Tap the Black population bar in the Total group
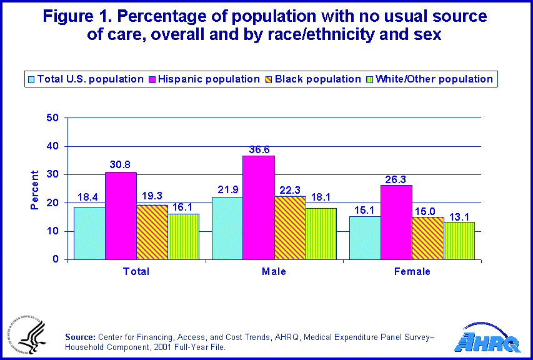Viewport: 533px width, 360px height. pos(152,232)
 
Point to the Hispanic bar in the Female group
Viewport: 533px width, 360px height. pos(396,222)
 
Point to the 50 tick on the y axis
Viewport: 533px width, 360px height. pos(53,117)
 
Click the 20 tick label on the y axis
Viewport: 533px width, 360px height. pos(53,202)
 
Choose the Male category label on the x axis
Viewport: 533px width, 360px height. pos(274,271)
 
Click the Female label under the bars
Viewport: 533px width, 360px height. pos(412,271)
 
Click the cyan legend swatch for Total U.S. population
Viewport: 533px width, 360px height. pos(32,79)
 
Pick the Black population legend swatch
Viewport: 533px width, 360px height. pos(269,79)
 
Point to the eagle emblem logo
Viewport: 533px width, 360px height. pos(26,335)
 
